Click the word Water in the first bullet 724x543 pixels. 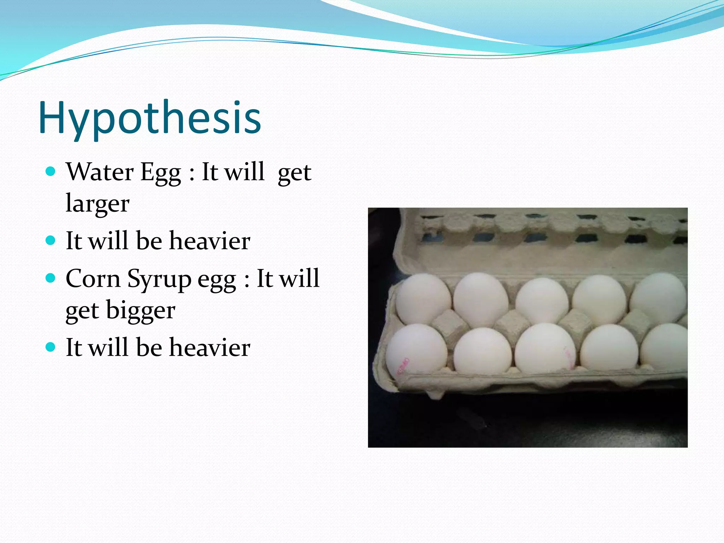(100, 172)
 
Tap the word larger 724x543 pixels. (98, 204)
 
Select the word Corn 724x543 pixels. (93, 279)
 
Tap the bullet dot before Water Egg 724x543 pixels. (51, 172)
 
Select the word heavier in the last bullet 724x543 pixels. (210, 348)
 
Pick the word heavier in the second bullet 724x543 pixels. (210, 241)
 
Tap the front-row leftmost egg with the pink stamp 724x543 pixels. (416, 350)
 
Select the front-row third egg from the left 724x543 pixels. (544, 348)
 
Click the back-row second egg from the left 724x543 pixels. (481, 298)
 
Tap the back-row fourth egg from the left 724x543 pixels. (599, 299)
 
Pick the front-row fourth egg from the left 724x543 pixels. (609, 348)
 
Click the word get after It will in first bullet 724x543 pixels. (294, 173)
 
